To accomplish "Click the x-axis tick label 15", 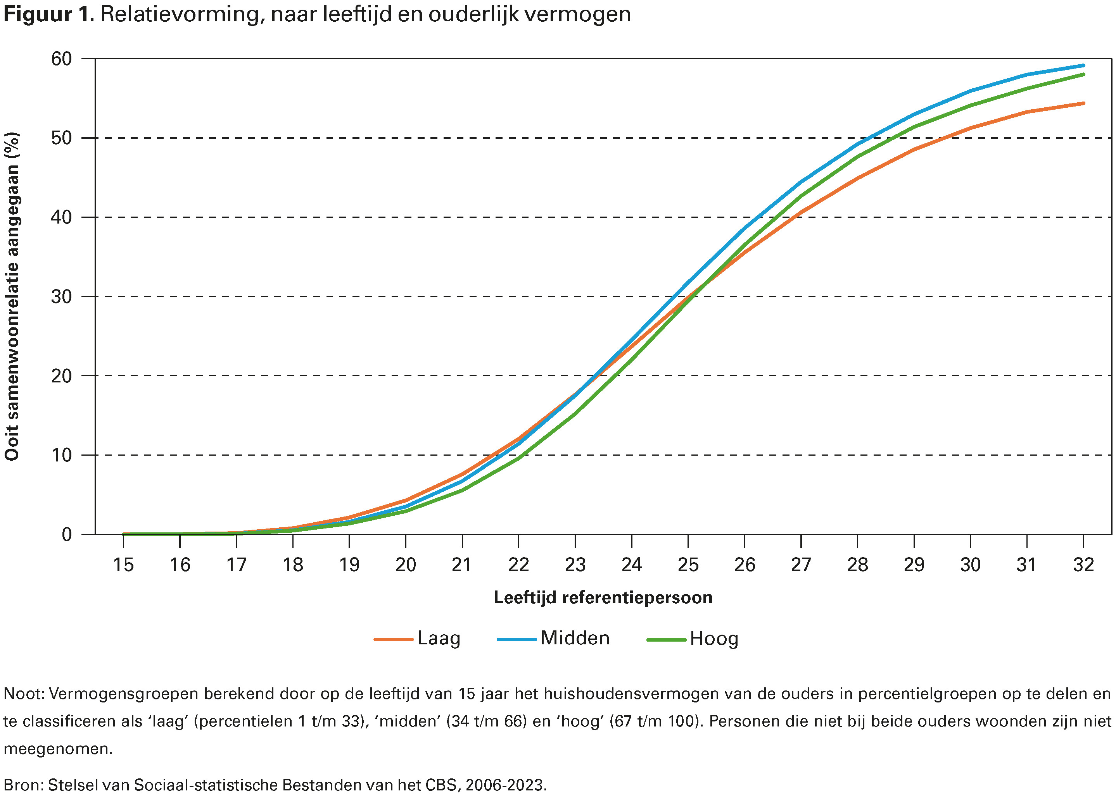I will pos(123,565).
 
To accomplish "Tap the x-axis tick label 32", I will pos(1083,565).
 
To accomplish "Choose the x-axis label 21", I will pos(462,565).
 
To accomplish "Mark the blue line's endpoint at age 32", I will pos(1083,65).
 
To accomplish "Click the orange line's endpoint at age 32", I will pos(1083,103).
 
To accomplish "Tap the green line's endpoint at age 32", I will pos(1083,75).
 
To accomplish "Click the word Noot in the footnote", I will pos(23,694).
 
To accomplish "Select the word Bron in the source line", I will pos(22,785).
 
